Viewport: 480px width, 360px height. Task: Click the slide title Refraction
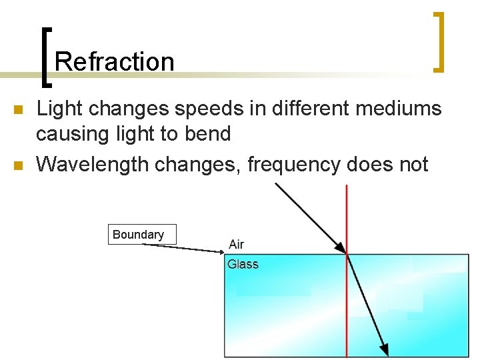[114, 61]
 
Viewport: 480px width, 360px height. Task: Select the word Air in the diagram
[236, 245]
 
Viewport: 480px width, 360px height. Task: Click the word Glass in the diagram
[243, 264]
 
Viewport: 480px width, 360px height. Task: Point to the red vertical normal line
[347, 307]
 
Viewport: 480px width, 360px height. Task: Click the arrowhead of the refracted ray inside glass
[385, 349]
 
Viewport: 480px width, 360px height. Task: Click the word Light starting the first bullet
[57, 108]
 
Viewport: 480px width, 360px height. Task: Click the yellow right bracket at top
[439, 41]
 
